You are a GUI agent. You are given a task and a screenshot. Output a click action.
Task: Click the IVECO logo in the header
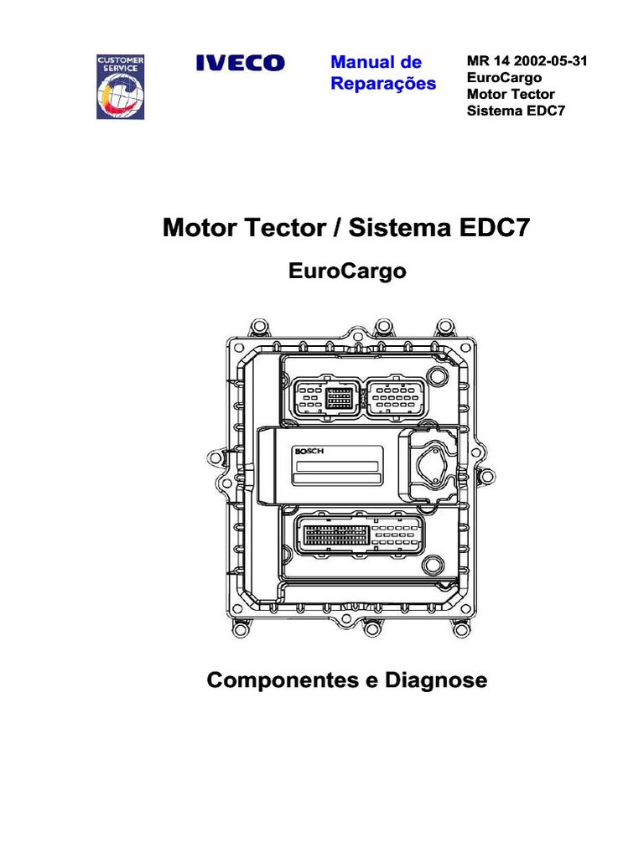(240, 63)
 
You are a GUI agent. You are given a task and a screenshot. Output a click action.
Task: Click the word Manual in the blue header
(361, 63)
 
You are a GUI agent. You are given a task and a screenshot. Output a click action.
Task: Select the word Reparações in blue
(383, 84)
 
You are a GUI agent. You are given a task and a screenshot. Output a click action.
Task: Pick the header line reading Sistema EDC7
(511, 110)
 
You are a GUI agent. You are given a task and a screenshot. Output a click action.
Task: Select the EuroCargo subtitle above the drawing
(347, 271)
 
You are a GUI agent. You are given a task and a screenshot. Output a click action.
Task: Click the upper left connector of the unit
(326, 397)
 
